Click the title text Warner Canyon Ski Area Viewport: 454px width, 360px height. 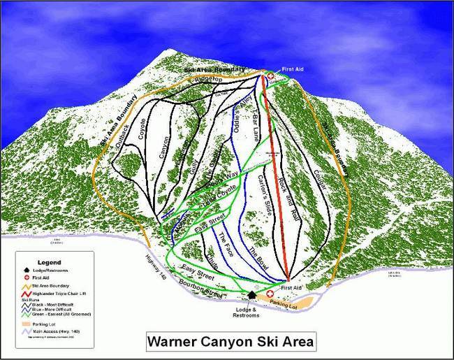point(230,343)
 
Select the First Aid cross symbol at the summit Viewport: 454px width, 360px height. point(271,75)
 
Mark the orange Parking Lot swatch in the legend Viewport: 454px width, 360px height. point(26,324)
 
